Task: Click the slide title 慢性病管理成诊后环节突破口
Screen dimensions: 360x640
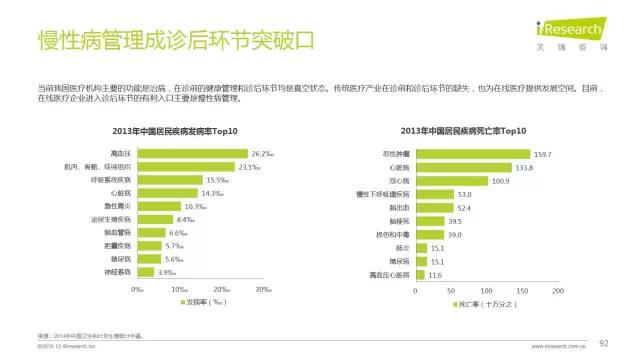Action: click(161, 41)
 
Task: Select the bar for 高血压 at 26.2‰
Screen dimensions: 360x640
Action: click(193, 153)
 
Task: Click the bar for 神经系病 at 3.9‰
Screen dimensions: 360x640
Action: click(147, 270)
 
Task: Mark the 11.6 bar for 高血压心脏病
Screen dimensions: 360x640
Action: click(421, 274)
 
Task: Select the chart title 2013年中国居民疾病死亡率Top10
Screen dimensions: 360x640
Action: click(463, 131)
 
